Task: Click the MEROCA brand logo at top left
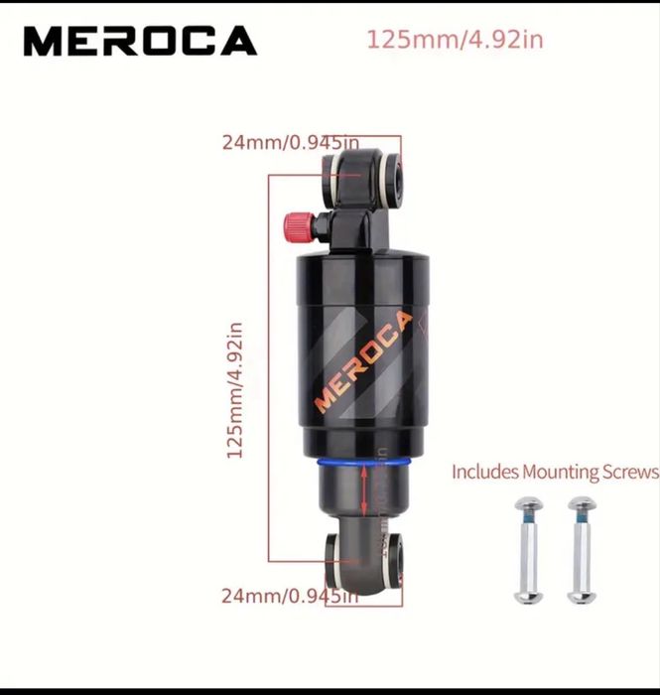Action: pos(140,42)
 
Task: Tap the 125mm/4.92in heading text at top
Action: pos(456,41)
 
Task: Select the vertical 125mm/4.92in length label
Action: pos(236,387)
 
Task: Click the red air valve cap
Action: pos(297,226)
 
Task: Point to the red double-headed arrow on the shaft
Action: pos(365,491)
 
